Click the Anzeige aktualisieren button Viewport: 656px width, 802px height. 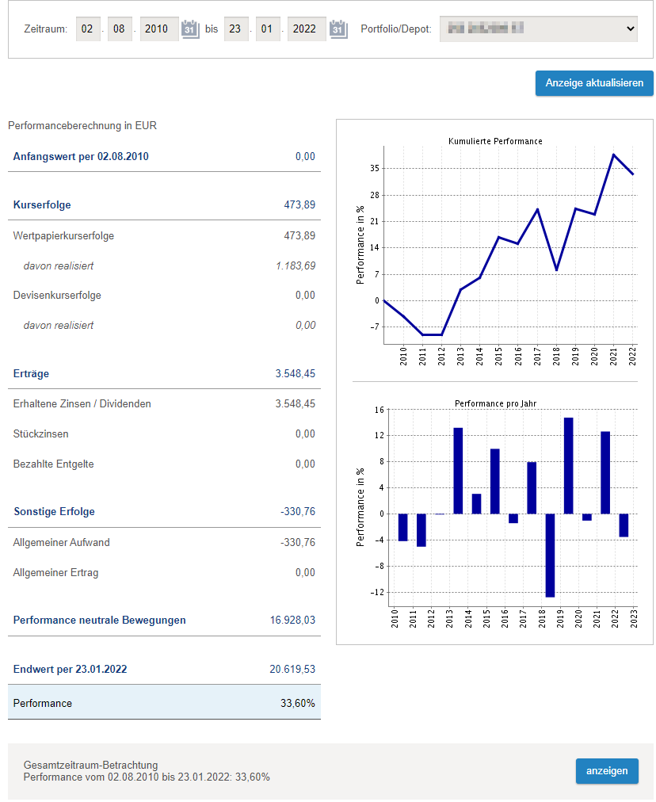(x=594, y=83)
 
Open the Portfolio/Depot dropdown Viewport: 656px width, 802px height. (x=539, y=29)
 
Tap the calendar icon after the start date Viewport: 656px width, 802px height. (x=190, y=29)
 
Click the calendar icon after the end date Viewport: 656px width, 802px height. (x=338, y=29)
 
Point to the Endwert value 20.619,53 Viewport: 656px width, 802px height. (x=292, y=670)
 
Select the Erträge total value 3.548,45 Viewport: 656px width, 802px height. (x=295, y=374)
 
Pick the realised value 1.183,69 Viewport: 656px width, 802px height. (x=295, y=265)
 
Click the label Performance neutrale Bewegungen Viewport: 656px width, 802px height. (x=100, y=621)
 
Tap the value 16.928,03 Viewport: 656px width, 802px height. (x=292, y=621)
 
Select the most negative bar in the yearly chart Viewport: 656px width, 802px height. (x=550, y=555)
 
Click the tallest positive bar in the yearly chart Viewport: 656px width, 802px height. (x=568, y=465)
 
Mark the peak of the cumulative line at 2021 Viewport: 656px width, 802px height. (x=614, y=155)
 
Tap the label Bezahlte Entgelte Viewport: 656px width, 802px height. (x=53, y=464)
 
